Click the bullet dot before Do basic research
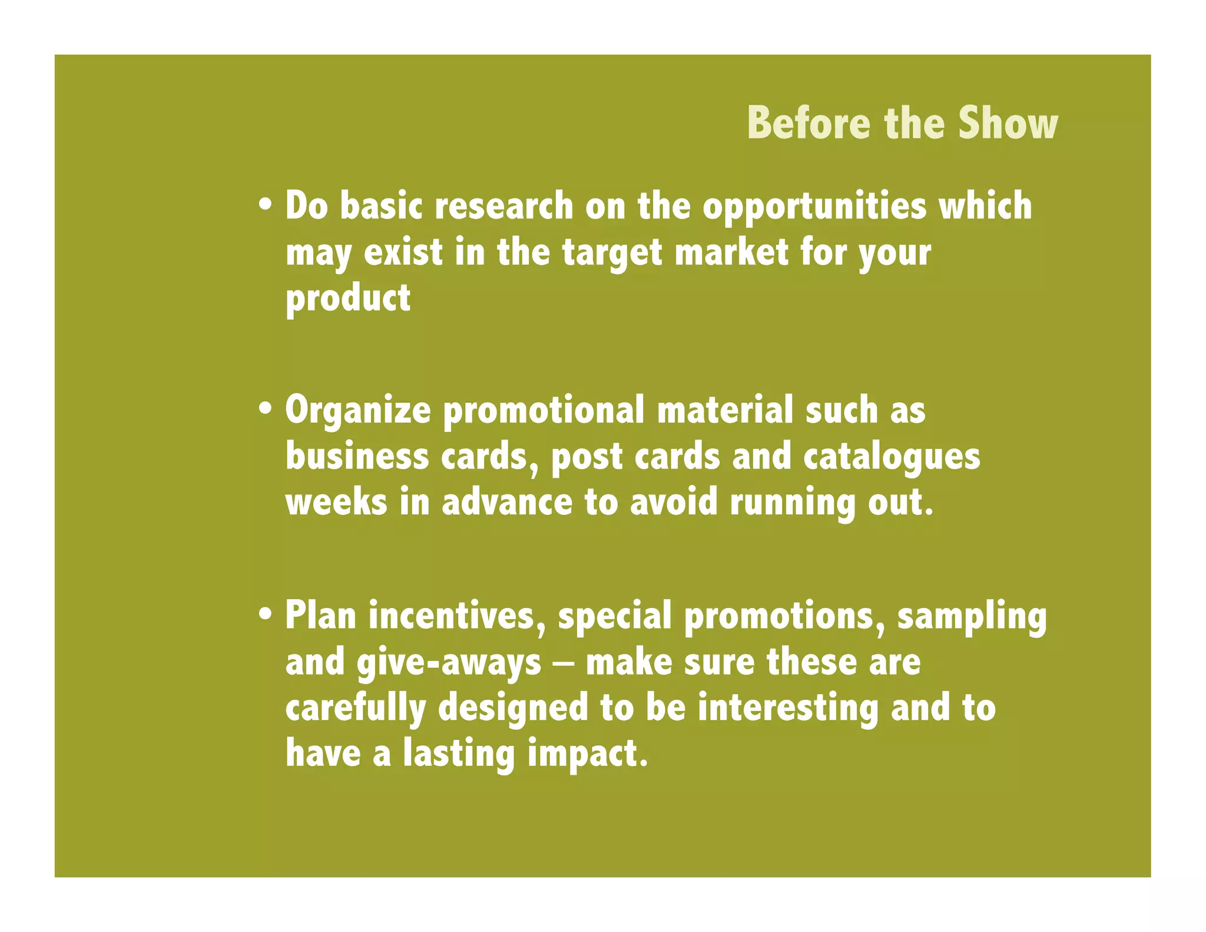[x=266, y=206]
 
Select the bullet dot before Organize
[x=266, y=409]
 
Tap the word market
[x=731, y=252]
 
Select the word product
[x=347, y=299]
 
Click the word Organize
[x=358, y=411]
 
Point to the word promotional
[x=543, y=411]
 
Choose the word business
[x=357, y=457]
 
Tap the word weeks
[x=336, y=503]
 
